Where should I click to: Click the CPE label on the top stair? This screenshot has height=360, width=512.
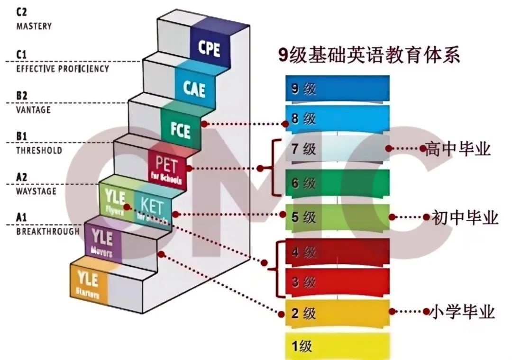(210, 48)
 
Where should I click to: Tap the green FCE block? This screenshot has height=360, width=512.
(181, 128)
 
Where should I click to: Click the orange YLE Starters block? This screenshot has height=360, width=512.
(88, 283)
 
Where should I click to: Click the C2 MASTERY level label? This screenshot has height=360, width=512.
(33, 19)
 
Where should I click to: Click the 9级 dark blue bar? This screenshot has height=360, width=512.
(337, 89)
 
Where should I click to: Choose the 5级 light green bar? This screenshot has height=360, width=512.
(337, 217)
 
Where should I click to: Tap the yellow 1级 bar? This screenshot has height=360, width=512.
(337, 346)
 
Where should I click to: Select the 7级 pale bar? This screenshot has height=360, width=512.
(337, 150)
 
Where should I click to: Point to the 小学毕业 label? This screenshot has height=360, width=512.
(462, 312)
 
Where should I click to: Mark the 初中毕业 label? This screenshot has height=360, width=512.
(465, 217)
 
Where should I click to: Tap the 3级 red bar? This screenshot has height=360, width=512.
(337, 283)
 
